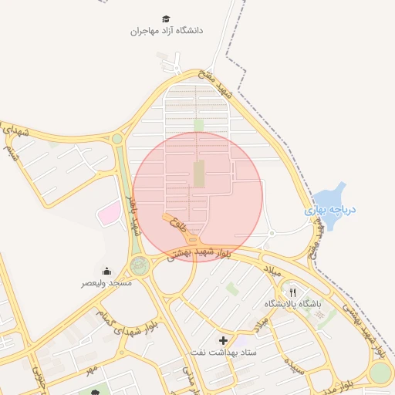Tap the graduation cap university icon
(166, 18)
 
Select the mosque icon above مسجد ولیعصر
(106, 271)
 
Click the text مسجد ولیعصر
(106, 283)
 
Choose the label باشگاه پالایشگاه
(292, 304)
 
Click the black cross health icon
(224, 340)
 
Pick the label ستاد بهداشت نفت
(224, 352)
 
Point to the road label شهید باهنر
(133, 217)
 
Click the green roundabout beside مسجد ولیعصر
(140, 267)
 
